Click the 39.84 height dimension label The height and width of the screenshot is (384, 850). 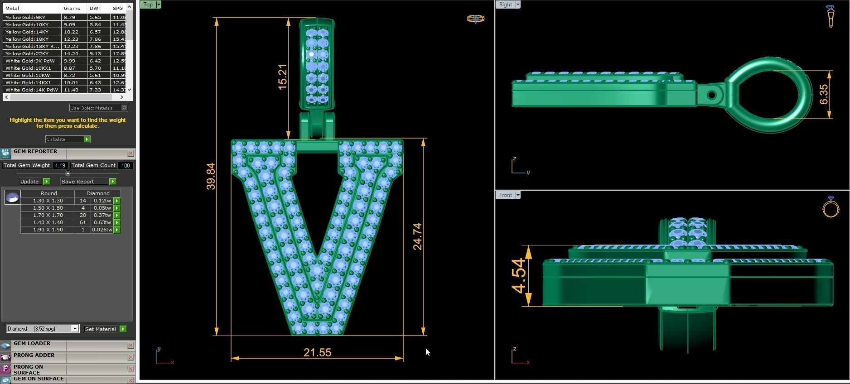click(211, 176)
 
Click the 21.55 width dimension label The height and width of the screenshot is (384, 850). click(317, 352)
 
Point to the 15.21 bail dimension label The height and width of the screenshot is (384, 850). click(282, 77)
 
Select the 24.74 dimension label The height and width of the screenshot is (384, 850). click(417, 236)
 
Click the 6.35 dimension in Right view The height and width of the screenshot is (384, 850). click(824, 94)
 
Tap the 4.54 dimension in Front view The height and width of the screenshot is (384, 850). click(518, 276)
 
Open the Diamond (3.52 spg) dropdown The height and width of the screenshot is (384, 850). click(43, 329)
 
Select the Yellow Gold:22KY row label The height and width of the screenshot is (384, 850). click(27, 53)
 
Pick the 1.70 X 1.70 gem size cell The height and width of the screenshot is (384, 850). click(48, 215)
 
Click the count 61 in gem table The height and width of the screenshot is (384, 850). click(82, 222)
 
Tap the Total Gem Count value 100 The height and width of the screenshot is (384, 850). click(125, 165)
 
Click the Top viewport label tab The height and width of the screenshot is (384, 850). click(148, 5)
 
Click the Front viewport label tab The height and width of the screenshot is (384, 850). click(505, 195)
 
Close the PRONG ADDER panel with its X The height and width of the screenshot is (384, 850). click(130, 357)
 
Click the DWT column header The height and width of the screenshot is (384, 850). click(96, 8)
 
